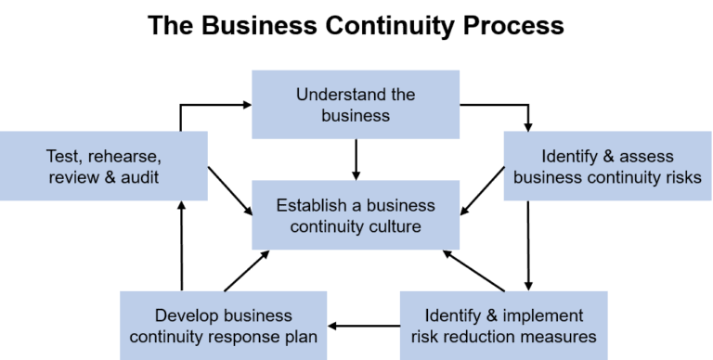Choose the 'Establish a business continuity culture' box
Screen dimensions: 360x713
[x=356, y=215]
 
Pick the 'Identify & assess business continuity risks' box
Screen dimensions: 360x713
[x=607, y=166]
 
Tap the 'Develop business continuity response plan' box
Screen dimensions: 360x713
[x=224, y=326]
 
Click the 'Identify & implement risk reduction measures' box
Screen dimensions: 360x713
[x=503, y=326]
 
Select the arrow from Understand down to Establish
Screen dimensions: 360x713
[x=356, y=159]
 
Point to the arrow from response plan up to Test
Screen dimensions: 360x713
[x=181, y=245]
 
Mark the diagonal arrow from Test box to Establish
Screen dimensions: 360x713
[x=230, y=190]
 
